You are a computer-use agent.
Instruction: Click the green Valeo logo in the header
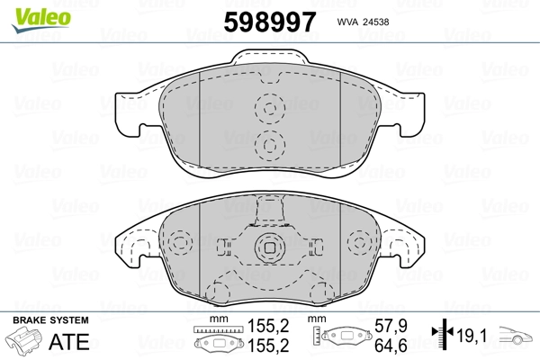(x=41, y=20)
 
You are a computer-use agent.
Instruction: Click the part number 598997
(x=270, y=22)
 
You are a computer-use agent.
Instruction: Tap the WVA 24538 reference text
(x=363, y=22)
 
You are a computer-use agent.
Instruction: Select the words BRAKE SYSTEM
(x=50, y=320)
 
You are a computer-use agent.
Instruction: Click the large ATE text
(x=69, y=341)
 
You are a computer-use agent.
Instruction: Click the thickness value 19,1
(x=472, y=335)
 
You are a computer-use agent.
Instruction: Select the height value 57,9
(x=391, y=326)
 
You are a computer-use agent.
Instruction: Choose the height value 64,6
(x=391, y=346)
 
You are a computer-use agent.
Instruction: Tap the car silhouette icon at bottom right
(x=516, y=335)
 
